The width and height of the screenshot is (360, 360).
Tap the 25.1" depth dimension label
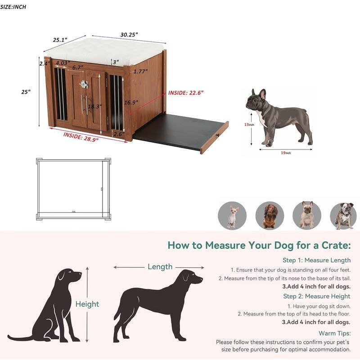click(x=60, y=40)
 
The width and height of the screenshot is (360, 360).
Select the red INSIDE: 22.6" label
click(x=186, y=93)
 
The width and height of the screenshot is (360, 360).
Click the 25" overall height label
click(x=26, y=92)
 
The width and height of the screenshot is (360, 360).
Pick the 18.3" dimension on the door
click(x=94, y=107)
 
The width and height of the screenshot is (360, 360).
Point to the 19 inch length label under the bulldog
click(x=285, y=153)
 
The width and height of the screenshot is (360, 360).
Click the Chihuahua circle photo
click(x=232, y=215)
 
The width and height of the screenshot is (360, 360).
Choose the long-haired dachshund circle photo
click(x=270, y=215)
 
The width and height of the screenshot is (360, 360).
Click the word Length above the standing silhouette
click(x=160, y=267)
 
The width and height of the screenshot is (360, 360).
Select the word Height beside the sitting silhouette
click(x=87, y=304)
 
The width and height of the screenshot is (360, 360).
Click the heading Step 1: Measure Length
click(x=316, y=260)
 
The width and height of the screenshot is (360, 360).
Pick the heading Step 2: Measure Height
click(x=316, y=296)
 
